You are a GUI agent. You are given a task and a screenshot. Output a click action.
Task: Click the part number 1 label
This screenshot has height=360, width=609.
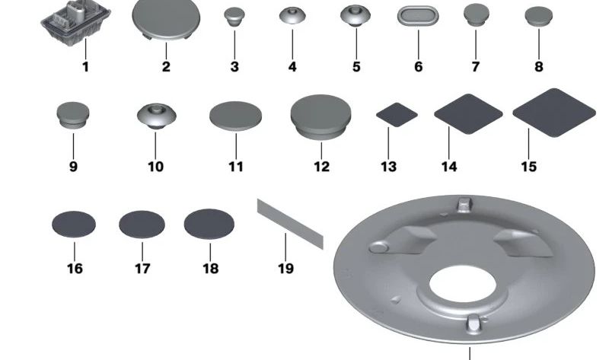pyautogui.click(x=85, y=67)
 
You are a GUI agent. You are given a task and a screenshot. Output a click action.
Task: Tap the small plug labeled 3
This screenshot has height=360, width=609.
pyautogui.click(x=234, y=17)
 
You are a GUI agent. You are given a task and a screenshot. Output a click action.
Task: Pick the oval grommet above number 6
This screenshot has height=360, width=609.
pyautogui.click(x=418, y=17)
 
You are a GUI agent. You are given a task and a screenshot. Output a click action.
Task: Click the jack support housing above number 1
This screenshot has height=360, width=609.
pyautogui.click(x=75, y=24)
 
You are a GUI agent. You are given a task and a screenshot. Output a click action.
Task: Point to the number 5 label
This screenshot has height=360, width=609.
pyautogui.click(x=356, y=66)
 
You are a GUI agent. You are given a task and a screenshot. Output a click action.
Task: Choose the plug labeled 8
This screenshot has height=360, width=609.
pyautogui.click(x=539, y=16)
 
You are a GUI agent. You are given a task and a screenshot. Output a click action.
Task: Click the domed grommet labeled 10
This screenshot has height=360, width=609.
pyautogui.click(x=157, y=116)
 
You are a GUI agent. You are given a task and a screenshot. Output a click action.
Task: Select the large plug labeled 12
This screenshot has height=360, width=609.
pyautogui.click(x=320, y=116)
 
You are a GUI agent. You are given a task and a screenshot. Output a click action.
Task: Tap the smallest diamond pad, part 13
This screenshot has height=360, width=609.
pyautogui.click(x=397, y=115)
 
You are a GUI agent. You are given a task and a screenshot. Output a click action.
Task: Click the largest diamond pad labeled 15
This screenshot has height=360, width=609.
pyautogui.click(x=554, y=113)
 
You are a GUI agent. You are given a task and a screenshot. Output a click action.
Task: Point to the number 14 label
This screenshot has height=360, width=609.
pyautogui.click(x=449, y=167)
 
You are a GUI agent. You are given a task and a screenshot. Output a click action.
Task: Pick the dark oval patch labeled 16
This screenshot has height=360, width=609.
pyautogui.click(x=74, y=224)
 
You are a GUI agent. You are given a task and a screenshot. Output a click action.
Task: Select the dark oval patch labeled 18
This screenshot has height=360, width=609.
pyautogui.click(x=209, y=224)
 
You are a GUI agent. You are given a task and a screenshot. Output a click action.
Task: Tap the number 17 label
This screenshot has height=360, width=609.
pyautogui.click(x=142, y=269)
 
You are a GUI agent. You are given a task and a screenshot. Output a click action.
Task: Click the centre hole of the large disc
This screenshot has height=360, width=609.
pyautogui.click(x=463, y=285)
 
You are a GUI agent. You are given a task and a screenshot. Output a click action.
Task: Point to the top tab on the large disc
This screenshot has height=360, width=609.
pyautogui.click(x=464, y=205)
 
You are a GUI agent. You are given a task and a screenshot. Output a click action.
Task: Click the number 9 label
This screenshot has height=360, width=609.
pyautogui.click(x=73, y=167)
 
